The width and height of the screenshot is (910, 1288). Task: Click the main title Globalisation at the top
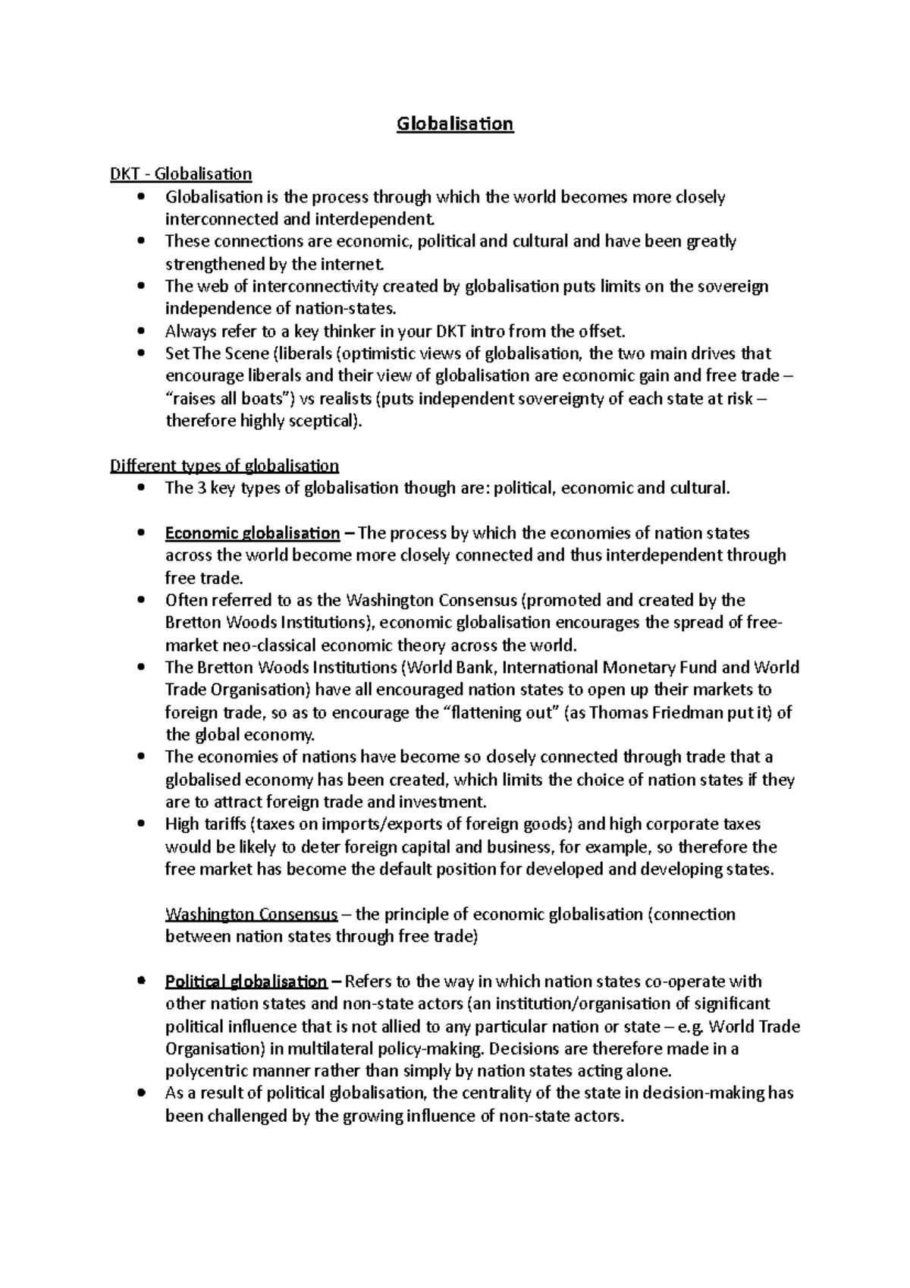click(x=455, y=124)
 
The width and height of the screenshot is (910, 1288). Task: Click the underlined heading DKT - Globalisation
click(x=180, y=174)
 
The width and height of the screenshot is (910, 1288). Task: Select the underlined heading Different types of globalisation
click(x=224, y=466)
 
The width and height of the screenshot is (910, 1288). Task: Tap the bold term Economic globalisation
click(x=252, y=533)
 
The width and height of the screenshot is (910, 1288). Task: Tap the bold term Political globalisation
click(x=246, y=982)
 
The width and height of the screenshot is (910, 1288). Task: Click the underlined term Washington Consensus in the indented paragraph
click(x=251, y=914)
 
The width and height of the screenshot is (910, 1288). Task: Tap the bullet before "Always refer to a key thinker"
click(x=142, y=331)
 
